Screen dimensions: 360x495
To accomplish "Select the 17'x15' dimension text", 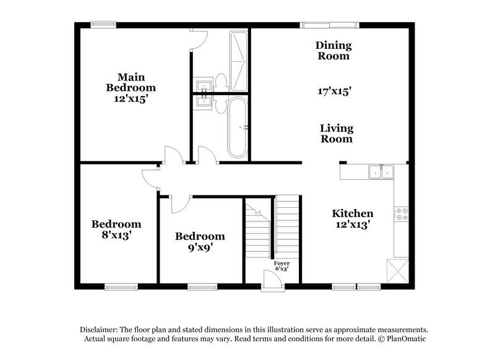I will pos(334,91).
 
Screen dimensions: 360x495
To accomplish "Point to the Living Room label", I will pos(337,134).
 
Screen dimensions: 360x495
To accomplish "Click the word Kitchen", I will pos(352,213).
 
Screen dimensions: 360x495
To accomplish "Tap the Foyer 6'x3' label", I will pos(282,267).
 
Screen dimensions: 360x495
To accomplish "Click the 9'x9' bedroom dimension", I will pos(199,248).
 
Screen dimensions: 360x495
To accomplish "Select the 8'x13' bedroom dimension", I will pos(116,235).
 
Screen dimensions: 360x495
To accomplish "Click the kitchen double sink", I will pos(381,171).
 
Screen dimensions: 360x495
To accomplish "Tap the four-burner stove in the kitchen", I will pos(402,214).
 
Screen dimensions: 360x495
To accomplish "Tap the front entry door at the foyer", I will pos(272,281).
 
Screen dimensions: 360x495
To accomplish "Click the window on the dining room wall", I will pos(329,25).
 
